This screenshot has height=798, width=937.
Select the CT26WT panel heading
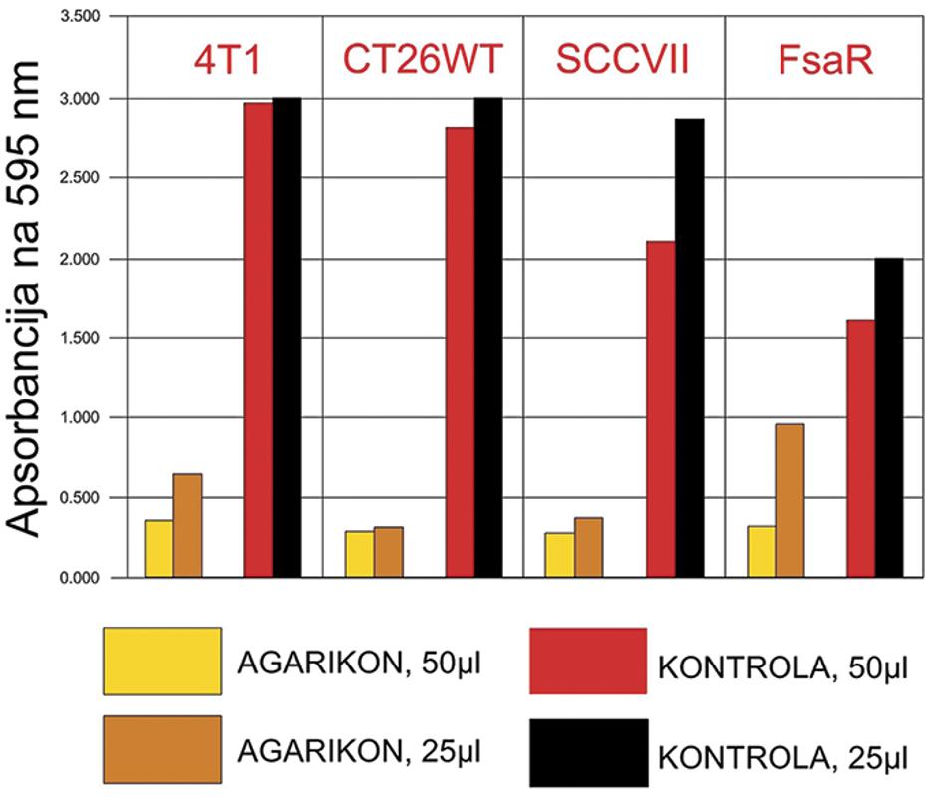point(424,59)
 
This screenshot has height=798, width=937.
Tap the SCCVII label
point(623,59)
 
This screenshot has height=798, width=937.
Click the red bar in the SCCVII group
point(660,408)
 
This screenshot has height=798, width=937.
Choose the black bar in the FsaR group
point(888,417)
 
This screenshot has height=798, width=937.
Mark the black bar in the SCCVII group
point(689,348)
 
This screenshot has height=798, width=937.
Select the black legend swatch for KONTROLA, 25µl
point(588,751)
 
